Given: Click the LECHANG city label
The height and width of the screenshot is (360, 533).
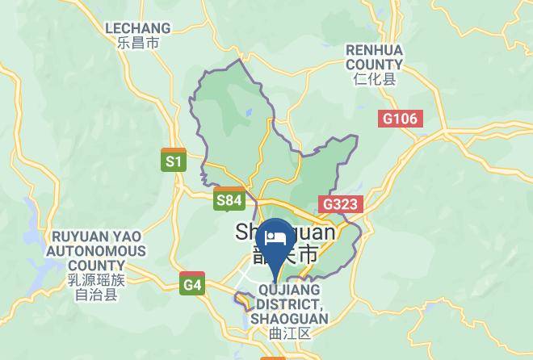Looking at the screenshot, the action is click(x=138, y=27).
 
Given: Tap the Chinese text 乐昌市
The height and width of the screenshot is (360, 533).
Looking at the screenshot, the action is click(x=138, y=43).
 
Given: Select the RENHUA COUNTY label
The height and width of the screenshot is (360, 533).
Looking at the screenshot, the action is click(x=374, y=57).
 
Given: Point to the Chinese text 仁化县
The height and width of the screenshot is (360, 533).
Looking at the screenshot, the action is click(x=374, y=79).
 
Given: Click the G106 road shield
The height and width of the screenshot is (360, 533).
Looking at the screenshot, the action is click(x=400, y=119).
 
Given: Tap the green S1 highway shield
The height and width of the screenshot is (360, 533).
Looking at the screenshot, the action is click(x=174, y=161).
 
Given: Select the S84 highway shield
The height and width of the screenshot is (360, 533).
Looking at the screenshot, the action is click(x=229, y=199).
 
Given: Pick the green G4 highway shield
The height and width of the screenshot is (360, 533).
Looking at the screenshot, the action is click(x=192, y=284).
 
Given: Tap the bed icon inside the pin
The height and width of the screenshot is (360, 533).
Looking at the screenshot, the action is click(x=276, y=238).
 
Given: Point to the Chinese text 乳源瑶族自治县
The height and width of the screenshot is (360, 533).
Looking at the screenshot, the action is click(x=96, y=287).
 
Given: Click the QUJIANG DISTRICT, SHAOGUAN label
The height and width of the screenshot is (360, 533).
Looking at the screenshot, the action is click(x=289, y=303).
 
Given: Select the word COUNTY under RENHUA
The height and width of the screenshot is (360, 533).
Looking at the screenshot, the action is click(x=374, y=65).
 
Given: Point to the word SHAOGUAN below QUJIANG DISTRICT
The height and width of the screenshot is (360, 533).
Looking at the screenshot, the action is click(x=289, y=319).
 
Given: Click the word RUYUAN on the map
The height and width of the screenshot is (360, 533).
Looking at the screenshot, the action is click(x=82, y=237).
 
